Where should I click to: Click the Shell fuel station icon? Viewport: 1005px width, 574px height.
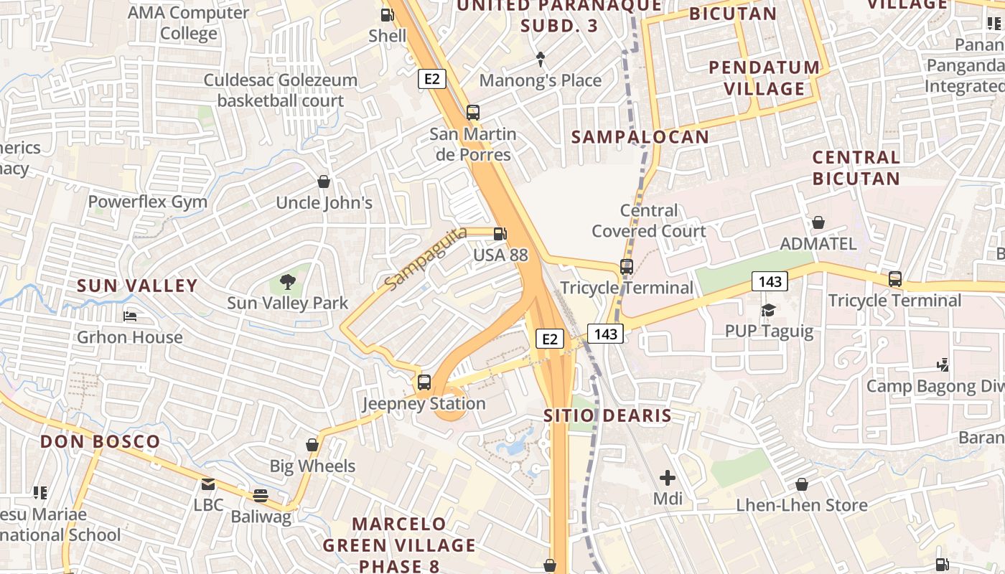pyautogui.click(x=387, y=14)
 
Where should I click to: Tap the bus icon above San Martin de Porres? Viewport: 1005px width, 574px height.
pyautogui.click(x=472, y=113)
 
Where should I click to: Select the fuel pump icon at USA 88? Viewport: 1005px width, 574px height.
pyautogui.click(x=500, y=234)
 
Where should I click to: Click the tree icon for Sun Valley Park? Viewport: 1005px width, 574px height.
pyautogui.click(x=287, y=281)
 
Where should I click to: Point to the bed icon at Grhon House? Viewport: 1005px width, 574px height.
pyautogui.click(x=129, y=316)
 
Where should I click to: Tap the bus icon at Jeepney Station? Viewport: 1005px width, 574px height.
pyautogui.click(x=424, y=382)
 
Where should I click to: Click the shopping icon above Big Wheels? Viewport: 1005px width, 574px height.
pyautogui.click(x=312, y=445)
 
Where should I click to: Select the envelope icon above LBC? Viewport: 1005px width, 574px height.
pyautogui.click(x=208, y=484)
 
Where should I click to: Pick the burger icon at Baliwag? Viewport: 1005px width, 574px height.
pyautogui.click(x=260, y=495)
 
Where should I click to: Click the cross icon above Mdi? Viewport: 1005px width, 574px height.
pyautogui.click(x=668, y=477)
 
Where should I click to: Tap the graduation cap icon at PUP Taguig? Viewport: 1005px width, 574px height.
pyautogui.click(x=768, y=310)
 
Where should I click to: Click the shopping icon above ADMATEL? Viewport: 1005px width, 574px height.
pyautogui.click(x=818, y=222)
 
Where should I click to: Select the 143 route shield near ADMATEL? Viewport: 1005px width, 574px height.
pyautogui.click(x=770, y=281)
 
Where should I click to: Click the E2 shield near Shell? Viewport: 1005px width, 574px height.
pyautogui.click(x=431, y=79)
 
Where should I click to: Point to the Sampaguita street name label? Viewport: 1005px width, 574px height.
pyautogui.click(x=426, y=258)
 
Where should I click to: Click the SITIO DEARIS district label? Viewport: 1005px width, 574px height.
pyautogui.click(x=607, y=415)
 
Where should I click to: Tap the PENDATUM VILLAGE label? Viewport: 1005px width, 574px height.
pyautogui.click(x=765, y=78)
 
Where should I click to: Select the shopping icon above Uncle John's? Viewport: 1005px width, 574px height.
pyautogui.click(x=324, y=182)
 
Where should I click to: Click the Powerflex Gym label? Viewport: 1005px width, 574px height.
pyautogui.click(x=147, y=202)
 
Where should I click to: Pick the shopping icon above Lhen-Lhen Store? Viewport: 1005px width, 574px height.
pyautogui.click(x=802, y=484)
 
